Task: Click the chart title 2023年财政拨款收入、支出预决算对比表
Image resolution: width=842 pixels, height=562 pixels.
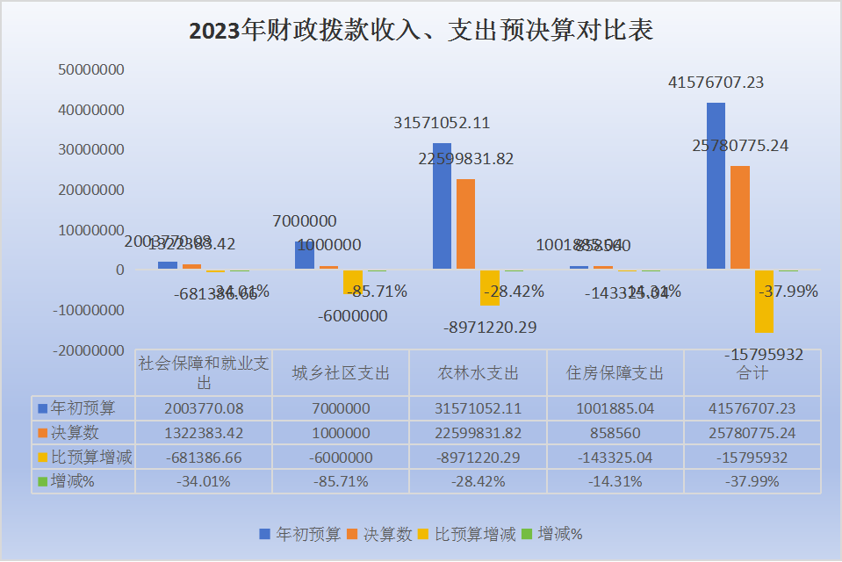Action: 421,32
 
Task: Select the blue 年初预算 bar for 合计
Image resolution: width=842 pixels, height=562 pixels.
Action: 716,185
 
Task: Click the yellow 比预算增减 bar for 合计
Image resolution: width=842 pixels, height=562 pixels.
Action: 764,301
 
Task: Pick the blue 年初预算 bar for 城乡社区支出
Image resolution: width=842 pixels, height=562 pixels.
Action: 305,255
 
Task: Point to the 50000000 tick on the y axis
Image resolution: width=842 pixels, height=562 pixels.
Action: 91,69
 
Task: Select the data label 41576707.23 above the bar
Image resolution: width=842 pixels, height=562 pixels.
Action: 716,83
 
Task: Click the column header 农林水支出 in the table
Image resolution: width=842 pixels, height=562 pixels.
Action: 479,373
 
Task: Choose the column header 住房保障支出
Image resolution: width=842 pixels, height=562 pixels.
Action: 615,373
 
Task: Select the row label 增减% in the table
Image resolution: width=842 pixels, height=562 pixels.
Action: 73,481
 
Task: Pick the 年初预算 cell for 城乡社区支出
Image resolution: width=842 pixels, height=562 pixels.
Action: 341,408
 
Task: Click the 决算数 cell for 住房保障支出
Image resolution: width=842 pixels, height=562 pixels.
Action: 615,433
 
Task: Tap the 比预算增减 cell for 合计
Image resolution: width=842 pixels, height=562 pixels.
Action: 752,458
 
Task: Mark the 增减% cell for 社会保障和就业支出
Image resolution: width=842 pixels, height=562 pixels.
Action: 204,481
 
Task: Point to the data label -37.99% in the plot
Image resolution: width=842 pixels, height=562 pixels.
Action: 788,291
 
